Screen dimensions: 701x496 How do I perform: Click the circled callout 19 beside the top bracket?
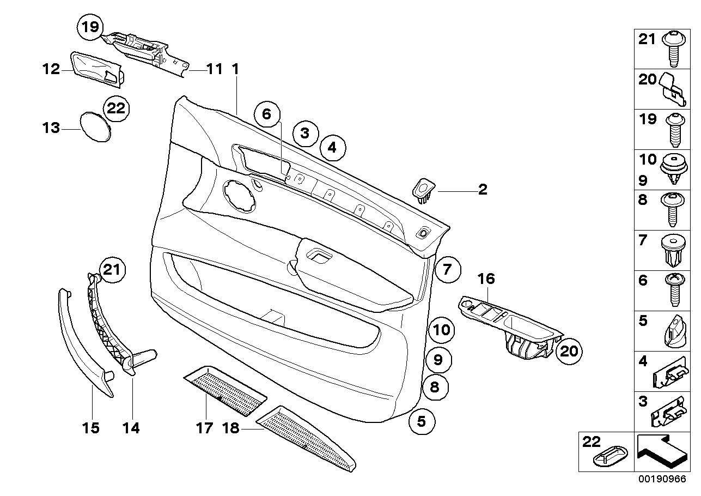coord(90,27)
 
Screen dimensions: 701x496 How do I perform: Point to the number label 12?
coord(51,69)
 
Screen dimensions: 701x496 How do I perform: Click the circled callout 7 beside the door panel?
coord(448,269)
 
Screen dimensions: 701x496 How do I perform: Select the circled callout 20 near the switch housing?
coord(569,351)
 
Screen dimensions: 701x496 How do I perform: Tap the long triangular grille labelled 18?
coord(306,439)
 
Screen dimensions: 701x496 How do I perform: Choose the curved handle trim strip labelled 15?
coord(86,342)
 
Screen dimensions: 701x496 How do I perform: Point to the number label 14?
coord(131,428)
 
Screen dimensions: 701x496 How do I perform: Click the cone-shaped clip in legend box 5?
coord(675,332)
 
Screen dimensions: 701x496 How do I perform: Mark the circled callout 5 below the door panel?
coord(422,421)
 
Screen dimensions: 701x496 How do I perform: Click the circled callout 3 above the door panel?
coord(306,134)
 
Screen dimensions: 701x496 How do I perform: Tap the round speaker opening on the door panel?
coord(239,196)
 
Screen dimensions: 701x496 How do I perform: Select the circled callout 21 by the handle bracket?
coord(112,270)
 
